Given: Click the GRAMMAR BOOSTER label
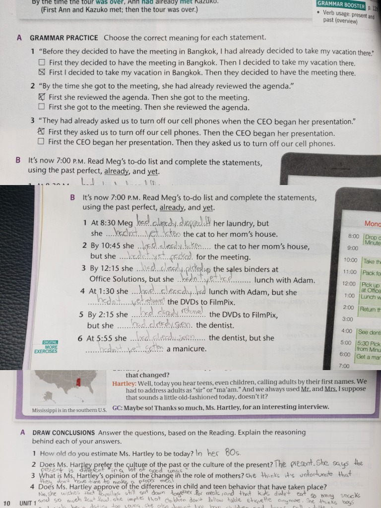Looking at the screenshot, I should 341,5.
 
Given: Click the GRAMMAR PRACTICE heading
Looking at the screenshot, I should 64,38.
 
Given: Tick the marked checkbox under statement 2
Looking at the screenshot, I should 42,97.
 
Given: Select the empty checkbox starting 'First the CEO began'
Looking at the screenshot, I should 42,143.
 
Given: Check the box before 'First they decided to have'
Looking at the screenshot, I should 42,63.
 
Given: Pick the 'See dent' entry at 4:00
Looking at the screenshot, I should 370,332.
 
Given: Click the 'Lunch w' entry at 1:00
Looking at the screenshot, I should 370,297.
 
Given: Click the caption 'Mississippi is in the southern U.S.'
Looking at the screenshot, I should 69,410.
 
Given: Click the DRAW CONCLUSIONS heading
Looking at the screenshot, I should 63,432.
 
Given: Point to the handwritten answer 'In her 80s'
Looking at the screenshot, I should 217,452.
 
